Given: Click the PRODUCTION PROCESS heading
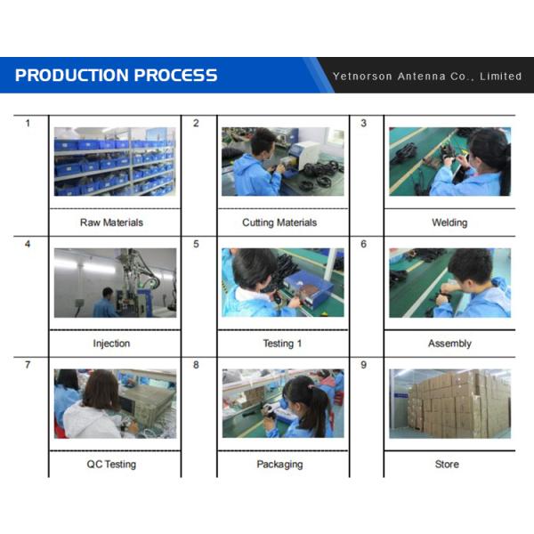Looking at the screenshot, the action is coord(116,76).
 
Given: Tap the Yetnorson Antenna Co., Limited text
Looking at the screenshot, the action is coord(427,77).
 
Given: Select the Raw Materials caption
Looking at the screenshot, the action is coord(111,222).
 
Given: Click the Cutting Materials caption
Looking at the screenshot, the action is coord(279,222).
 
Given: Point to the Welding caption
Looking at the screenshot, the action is coord(449,222).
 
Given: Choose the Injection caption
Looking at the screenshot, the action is coord(111,344).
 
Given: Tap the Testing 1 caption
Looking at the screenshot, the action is coord(282,344).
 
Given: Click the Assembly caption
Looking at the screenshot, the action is coord(449,344).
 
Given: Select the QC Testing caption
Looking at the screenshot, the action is coord(111,465).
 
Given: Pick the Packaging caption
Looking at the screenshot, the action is coord(279,465).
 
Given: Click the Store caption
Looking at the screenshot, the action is coord(447,465).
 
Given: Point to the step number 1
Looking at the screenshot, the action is coord(28,124).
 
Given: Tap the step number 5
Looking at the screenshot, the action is coord(196,244).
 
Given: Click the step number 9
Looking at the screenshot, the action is coord(363,365).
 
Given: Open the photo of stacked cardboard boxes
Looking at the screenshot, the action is coord(449,403).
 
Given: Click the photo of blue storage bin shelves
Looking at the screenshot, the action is coord(115,161).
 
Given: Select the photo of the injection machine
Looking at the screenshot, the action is coord(115,283).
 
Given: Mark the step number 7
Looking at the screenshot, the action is coord(28,365).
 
